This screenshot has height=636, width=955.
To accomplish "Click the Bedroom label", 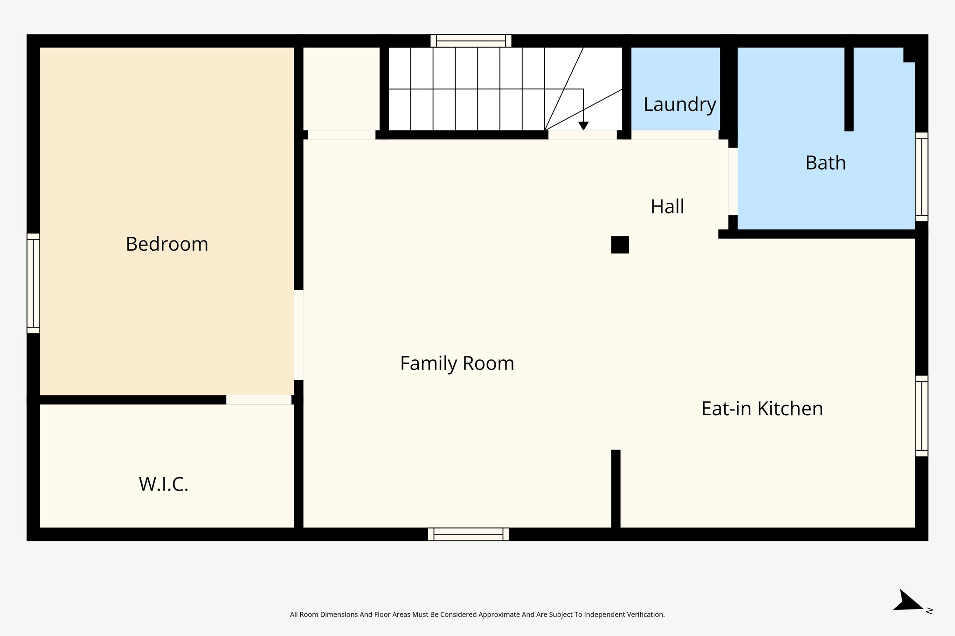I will pos(167,244).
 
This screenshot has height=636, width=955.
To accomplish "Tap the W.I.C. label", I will pos(164,485).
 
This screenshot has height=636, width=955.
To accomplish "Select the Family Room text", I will pos(457,363).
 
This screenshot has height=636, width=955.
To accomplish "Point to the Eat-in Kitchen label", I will pos(762,409).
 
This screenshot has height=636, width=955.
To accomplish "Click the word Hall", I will pos(667,206).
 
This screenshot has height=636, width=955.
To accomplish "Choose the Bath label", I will pos(825,163).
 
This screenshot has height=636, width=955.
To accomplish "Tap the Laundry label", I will pos(679,104).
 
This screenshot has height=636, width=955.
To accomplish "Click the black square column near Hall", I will pos(620,245).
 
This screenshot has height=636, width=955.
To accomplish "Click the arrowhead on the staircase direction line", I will pos(583,126).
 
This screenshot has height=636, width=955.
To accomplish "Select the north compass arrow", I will pos(907,601).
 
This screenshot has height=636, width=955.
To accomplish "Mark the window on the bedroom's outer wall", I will pos(33,283).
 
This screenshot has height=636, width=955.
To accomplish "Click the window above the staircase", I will pos(471,41).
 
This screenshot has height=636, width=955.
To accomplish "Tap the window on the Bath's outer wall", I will pos(921,177).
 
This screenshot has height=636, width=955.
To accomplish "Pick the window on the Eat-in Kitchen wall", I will pos(921,416).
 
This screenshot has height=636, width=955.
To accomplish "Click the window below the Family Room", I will pos(468,534).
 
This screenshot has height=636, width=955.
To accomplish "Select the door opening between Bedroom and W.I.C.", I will pos(259,400).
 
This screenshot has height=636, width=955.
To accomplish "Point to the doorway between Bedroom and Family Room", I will pos(299,335).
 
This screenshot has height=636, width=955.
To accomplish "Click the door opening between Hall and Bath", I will pos(733,182).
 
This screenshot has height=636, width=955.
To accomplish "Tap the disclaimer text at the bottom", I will pos(477,615).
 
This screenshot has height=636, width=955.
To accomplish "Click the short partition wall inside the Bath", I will pos(849,89).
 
